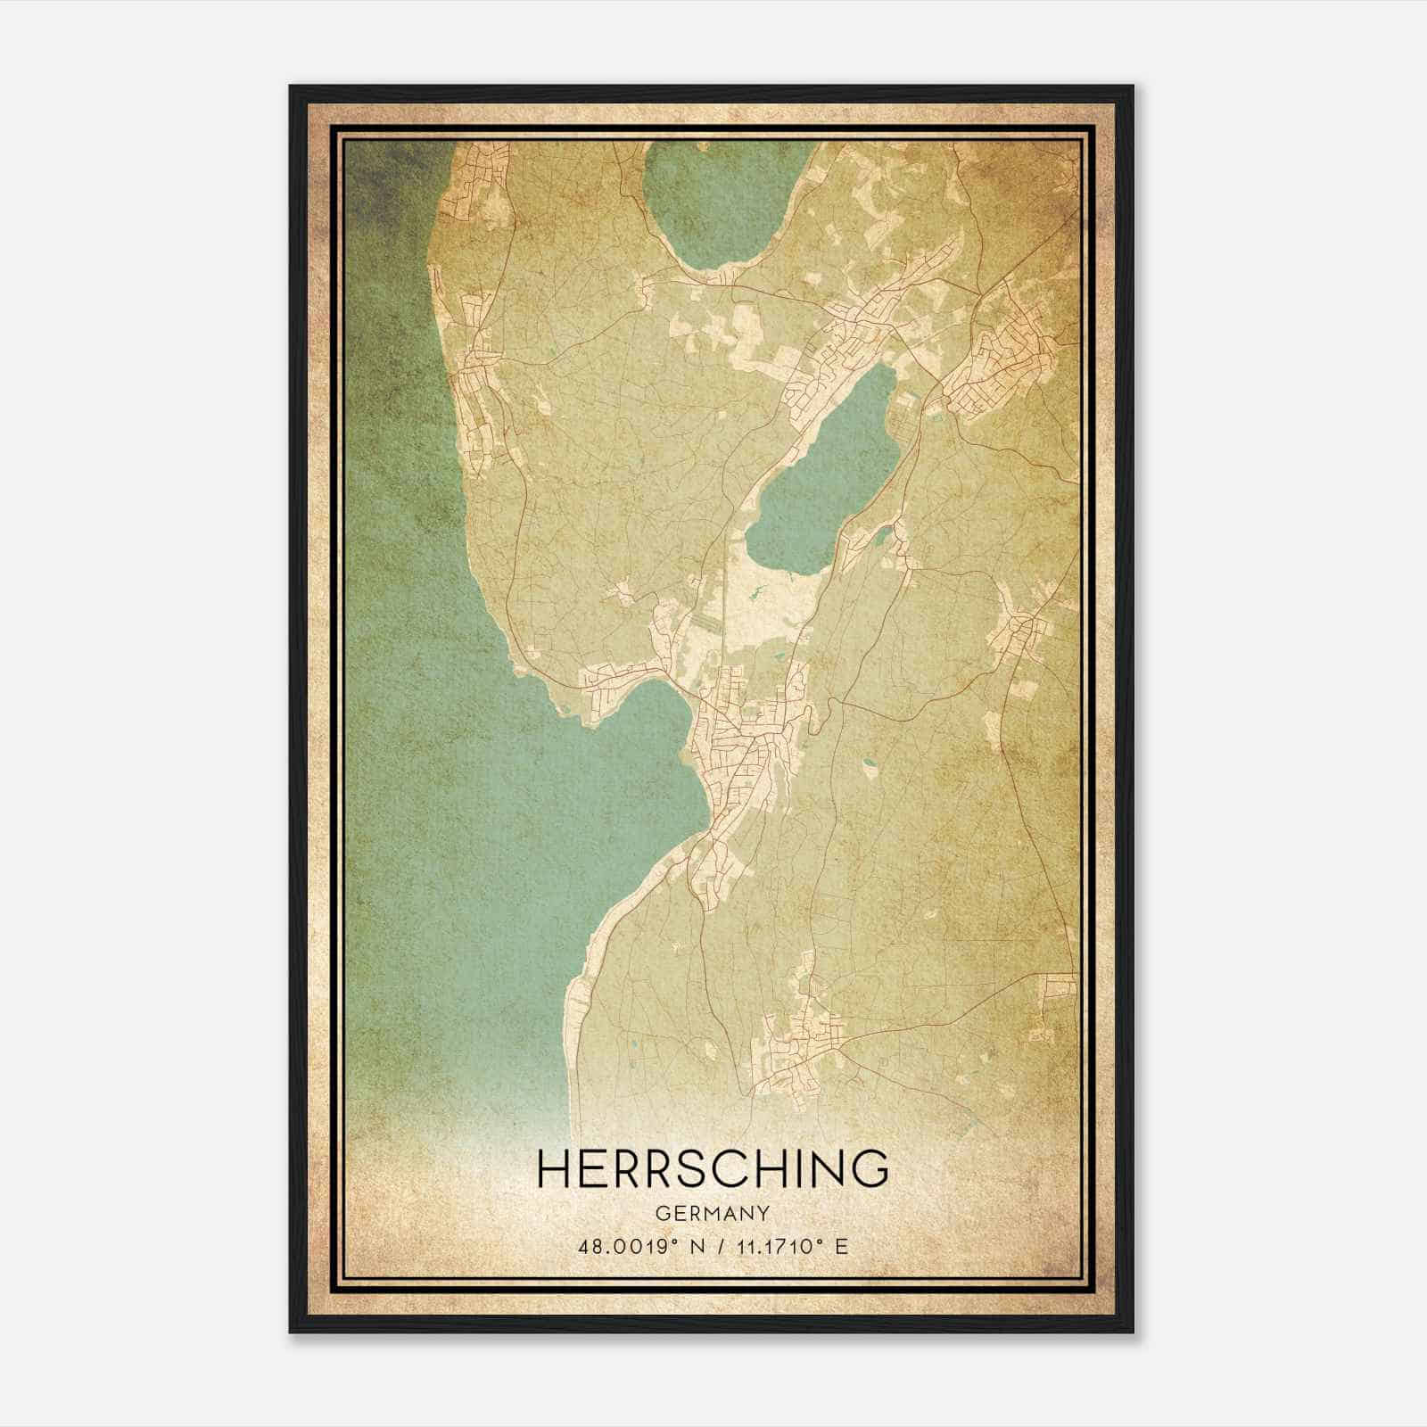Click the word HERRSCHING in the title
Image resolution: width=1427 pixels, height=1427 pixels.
(x=713, y=1168)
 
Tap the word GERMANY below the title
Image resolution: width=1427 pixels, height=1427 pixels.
(x=713, y=1213)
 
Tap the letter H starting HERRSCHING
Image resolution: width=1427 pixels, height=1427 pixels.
(x=556, y=1168)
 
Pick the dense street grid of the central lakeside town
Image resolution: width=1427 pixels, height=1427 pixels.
(x=745, y=749)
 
